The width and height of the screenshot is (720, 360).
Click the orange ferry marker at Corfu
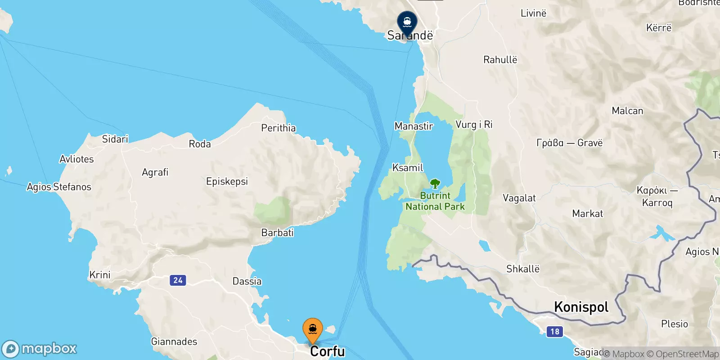(312, 330)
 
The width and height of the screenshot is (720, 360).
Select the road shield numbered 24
(178, 280)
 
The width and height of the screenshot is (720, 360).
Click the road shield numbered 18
(555, 332)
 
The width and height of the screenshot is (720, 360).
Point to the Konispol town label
(581, 307)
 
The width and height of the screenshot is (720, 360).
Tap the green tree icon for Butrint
(435, 184)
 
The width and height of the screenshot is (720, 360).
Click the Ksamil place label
(408, 168)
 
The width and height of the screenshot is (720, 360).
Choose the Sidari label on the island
(115, 139)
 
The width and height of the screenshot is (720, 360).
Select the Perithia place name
(279, 128)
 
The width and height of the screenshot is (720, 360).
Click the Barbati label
(277, 233)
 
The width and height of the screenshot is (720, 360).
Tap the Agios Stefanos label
(59, 187)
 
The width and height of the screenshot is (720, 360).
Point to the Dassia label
(247, 281)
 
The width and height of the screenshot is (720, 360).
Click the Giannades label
(174, 342)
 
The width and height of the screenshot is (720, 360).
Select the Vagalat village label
(519, 198)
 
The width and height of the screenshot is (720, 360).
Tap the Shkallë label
(522, 269)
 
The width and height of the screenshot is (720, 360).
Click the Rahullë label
(500, 60)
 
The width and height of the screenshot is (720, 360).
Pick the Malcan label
(627, 111)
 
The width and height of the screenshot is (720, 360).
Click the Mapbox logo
(40, 349)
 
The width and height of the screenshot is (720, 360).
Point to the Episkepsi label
(227, 181)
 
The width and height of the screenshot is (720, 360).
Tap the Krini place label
(100, 275)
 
